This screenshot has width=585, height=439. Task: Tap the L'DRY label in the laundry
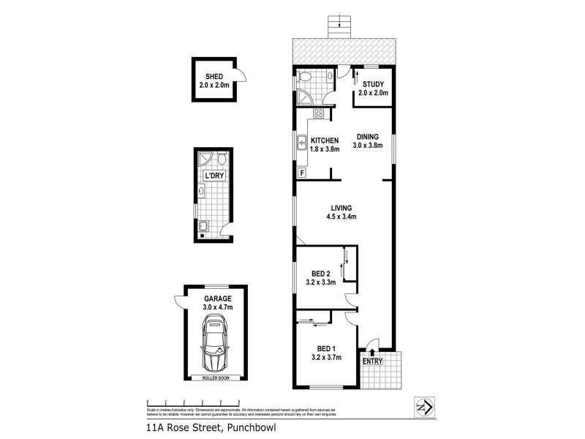[214, 176]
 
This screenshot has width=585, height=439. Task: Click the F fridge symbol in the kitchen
[301, 173]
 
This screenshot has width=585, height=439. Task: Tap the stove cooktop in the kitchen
[320, 113]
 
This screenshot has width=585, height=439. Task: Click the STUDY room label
[373, 89]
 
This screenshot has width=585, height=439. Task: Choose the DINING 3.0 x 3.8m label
[368, 141]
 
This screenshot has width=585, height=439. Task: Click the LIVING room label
[341, 211]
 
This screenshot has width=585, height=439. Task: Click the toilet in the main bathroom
[306, 76]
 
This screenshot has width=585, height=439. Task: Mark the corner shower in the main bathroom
[303, 97]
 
